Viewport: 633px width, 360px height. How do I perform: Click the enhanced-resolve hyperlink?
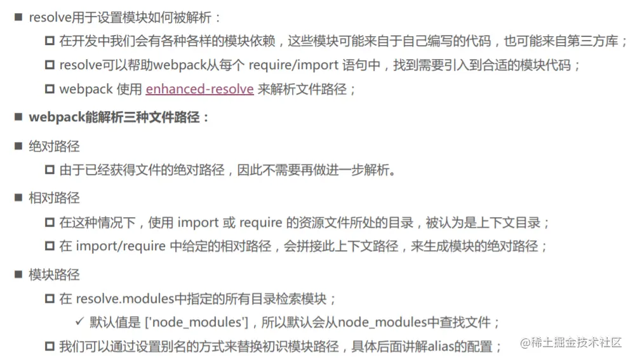pyautogui.click(x=199, y=90)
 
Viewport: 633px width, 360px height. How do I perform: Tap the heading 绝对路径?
pyautogui.click(x=54, y=147)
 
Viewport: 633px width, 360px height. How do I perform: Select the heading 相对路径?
pyautogui.click(x=54, y=198)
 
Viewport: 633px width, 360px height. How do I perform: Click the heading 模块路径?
pyautogui.click(x=54, y=275)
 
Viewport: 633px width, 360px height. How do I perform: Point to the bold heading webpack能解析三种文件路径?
pyautogui.click(x=119, y=117)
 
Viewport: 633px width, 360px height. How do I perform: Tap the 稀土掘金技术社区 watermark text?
pyautogui.click(x=577, y=343)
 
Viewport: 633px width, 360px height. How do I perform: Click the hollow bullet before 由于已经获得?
pyautogui.click(x=50, y=170)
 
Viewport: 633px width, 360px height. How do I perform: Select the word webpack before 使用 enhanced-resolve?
pyautogui.click(x=86, y=90)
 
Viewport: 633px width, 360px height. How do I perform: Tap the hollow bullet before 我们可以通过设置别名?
pyautogui.click(x=50, y=347)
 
